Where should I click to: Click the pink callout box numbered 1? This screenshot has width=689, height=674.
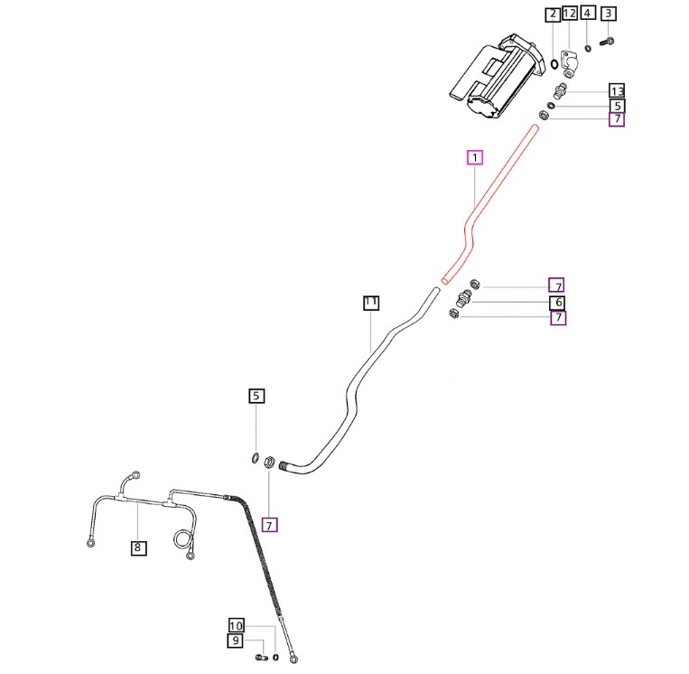click(474, 157)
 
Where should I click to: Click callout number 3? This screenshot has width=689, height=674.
click(609, 14)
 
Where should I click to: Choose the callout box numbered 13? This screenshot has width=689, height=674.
click(617, 91)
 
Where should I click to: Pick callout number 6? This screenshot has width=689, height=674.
click(558, 302)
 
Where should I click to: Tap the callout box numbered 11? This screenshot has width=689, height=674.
click(371, 303)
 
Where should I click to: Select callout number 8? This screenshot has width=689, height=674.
click(137, 547)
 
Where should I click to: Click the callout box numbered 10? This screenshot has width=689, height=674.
click(237, 625)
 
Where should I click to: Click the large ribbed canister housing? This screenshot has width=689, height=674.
click(497, 77)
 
